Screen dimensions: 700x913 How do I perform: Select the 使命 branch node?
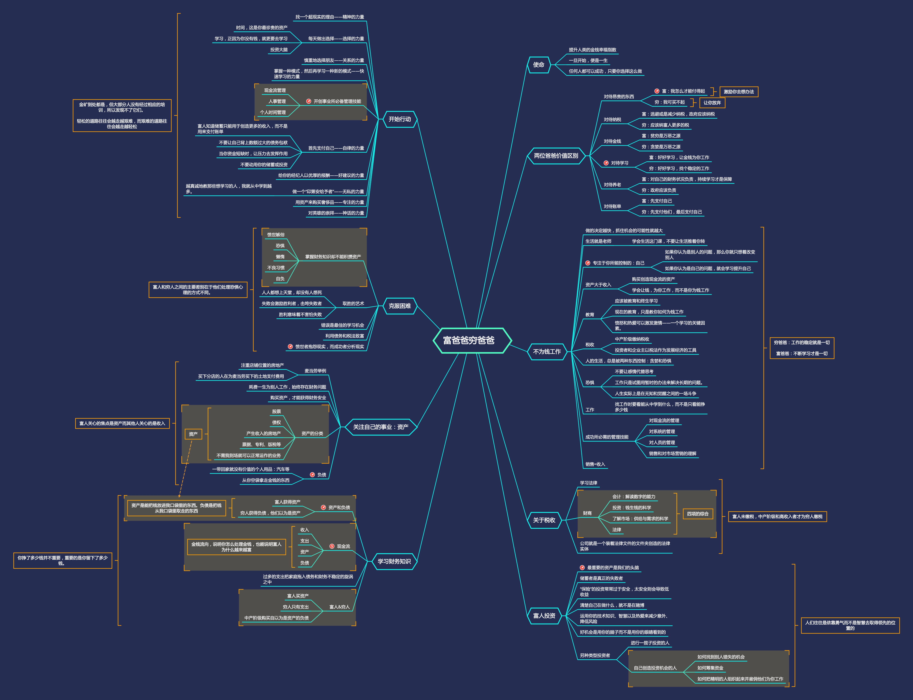pos(539,65)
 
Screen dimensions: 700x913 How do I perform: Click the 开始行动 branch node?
pos(399,119)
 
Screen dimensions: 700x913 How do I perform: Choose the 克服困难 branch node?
pos(399,306)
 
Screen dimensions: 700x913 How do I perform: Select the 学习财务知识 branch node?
pos(394,561)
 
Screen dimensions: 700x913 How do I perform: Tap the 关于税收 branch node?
pos(544,520)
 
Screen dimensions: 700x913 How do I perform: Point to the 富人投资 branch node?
pos(544,615)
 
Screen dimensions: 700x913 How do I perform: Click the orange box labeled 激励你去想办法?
pos(739,92)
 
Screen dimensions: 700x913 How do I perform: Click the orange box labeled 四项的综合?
pos(698,514)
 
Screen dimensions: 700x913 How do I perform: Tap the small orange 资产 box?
pos(193,434)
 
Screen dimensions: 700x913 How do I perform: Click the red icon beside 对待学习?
pos(606,163)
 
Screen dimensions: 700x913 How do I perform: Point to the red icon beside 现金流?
pos(332,546)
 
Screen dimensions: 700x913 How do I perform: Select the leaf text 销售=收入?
pos(595,464)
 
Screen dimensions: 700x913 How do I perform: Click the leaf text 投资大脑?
pos(279,50)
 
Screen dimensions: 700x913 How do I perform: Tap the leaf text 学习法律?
pos(588,483)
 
